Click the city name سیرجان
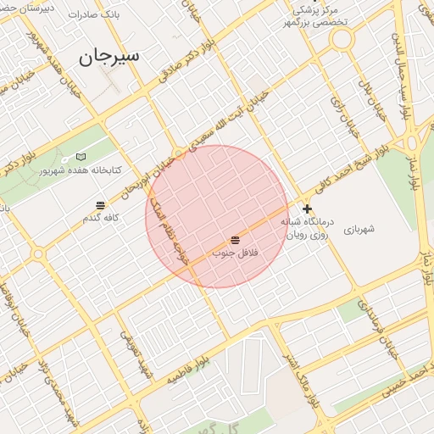(108, 58)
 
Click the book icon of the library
(81, 157)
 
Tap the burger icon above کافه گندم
(100, 205)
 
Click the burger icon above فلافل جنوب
(234, 241)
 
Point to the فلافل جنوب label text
(234, 253)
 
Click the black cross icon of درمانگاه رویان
(307, 209)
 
